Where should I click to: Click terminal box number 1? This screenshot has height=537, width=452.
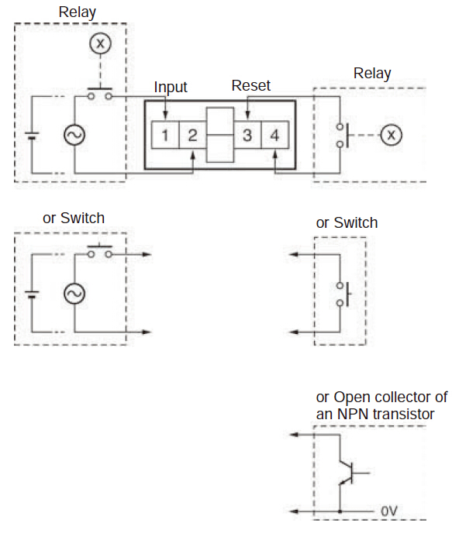click(x=165, y=135)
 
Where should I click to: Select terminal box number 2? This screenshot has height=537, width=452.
click(x=192, y=135)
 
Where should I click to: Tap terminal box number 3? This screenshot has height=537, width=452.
click(x=247, y=135)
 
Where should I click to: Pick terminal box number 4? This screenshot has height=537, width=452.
click(x=275, y=135)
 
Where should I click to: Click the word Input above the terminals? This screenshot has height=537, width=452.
click(x=171, y=88)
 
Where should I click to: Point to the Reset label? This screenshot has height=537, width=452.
click(x=251, y=85)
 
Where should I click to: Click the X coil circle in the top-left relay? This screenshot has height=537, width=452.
click(x=100, y=43)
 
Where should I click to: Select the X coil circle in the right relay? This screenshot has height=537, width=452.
click(x=392, y=135)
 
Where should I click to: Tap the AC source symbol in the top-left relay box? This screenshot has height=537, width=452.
click(x=74, y=135)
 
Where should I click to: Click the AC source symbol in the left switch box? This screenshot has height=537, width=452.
click(x=74, y=294)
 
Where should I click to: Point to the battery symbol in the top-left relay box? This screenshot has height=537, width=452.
click(x=32, y=136)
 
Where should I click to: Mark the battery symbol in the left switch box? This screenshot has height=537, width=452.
click(x=32, y=294)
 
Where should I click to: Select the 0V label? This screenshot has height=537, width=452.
click(x=389, y=511)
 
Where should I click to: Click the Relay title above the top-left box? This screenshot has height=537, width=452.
click(x=78, y=12)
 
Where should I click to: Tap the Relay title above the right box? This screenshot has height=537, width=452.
click(x=372, y=74)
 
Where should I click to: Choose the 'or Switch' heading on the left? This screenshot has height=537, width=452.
click(x=74, y=219)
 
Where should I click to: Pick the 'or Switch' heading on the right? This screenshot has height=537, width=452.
click(x=347, y=223)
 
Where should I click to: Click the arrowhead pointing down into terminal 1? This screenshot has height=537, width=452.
click(x=165, y=115)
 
